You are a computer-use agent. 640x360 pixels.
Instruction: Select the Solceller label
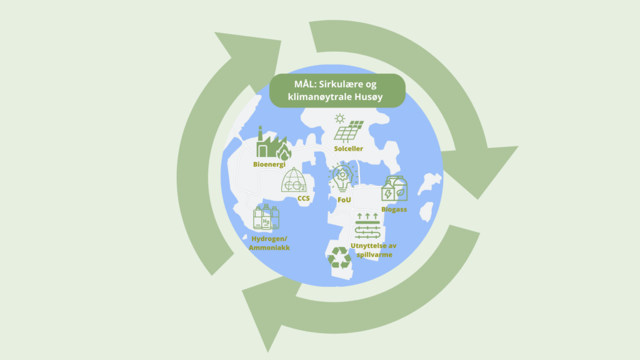tap(349, 149)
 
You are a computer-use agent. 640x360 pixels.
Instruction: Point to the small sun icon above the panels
tap(339, 117)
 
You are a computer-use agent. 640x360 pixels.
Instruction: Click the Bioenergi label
tap(269, 164)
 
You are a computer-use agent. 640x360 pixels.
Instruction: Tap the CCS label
tap(304, 199)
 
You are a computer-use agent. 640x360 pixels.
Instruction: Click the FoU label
tap(344, 199)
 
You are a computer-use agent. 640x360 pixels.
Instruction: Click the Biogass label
tap(394, 209)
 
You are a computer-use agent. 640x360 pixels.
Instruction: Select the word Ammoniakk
tap(269, 248)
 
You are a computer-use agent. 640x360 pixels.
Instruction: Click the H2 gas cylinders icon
tap(266, 219)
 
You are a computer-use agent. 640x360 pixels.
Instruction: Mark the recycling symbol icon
tap(341, 257)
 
